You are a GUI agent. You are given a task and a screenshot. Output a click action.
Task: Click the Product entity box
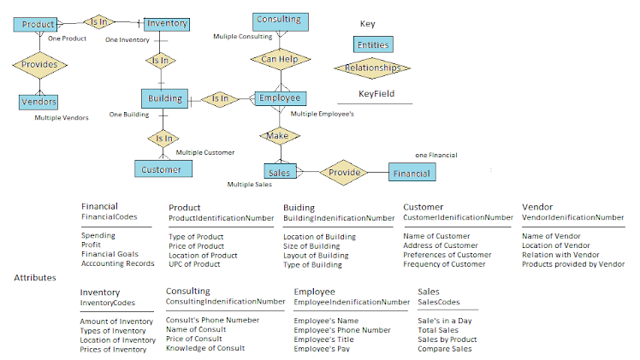pyautogui.click(x=37, y=25)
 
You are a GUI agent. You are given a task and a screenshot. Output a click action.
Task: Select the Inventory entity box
pyautogui.click(x=166, y=24)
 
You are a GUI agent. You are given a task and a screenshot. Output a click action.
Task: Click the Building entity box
pyautogui.click(x=164, y=99)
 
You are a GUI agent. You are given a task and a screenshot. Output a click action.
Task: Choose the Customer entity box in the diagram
pyautogui.click(x=162, y=168)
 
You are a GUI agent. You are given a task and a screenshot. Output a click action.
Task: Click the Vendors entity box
pyautogui.click(x=38, y=103)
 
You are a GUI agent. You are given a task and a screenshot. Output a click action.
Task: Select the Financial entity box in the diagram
pyautogui.click(x=412, y=173)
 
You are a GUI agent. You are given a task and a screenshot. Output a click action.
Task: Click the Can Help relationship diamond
pyautogui.click(x=280, y=59)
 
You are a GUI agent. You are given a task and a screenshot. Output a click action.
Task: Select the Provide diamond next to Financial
pyautogui.click(x=344, y=173)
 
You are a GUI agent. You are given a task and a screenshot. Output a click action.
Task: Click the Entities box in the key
pyautogui.click(x=374, y=44)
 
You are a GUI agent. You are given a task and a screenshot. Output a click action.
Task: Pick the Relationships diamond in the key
pyautogui.click(x=372, y=68)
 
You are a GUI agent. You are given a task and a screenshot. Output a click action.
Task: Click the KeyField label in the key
pyautogui.click(x=376, y=94)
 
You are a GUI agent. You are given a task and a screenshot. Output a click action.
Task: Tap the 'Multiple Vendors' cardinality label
pyautogui.click(x=61, y=118)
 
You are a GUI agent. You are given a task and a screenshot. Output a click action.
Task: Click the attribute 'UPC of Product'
pyautogui.click(x=195, y=264)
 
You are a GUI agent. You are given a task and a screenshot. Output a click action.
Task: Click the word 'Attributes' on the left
pyautogui.click(x=36, y=278)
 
